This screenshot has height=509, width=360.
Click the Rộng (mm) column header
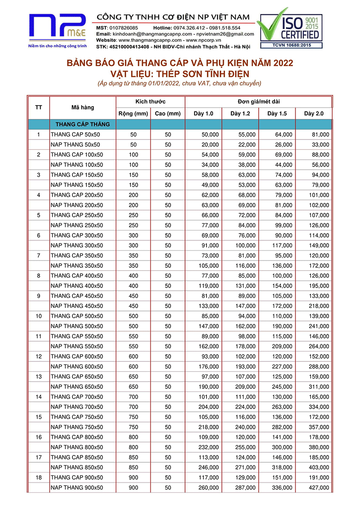click(133, 113)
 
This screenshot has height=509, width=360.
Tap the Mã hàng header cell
click(83, 108)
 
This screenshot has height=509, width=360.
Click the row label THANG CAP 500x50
click(77, 316)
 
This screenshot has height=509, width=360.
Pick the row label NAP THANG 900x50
click(77, 487)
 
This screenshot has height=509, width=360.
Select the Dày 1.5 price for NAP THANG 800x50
click(283, 447)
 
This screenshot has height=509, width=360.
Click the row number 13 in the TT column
click(38, 377)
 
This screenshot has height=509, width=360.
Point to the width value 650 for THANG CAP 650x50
click(133, 377)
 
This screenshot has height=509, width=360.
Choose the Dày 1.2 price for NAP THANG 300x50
click(245, 245)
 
